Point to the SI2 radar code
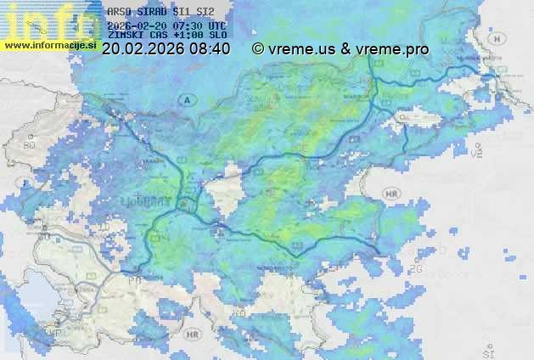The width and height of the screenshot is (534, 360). tap(205, 11)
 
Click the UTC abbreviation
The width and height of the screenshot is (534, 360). tap(216, 26)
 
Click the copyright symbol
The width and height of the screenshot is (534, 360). tap(258, 49)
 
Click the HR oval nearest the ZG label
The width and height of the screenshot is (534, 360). tap(391, 194)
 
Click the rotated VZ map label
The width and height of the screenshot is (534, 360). tap(479, 151)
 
